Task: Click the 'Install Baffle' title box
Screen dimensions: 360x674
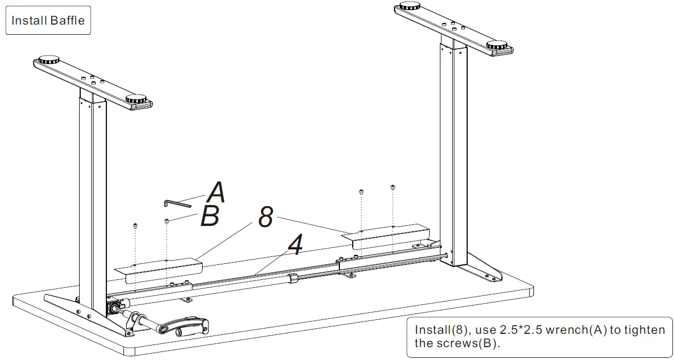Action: coord(48,21)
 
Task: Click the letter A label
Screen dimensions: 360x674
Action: coord(216,192)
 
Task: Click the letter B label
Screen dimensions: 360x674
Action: coord(210,217)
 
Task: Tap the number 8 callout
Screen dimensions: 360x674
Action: coord(266,217)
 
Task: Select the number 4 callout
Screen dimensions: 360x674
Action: coord(295,246)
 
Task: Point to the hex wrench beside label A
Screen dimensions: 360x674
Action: coord(177,203)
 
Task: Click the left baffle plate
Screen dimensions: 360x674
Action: coord(158,269)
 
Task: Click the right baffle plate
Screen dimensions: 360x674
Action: coord(390,235)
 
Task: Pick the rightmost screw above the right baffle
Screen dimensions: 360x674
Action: coord(393,187)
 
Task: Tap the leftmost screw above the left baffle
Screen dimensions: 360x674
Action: coord(135,226)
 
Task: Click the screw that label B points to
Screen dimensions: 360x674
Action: coord(167,221)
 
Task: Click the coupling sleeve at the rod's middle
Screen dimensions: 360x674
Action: coord(292,279)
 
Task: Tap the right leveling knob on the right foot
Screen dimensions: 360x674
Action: coord(499,44)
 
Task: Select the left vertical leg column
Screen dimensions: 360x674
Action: coord(93,203)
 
